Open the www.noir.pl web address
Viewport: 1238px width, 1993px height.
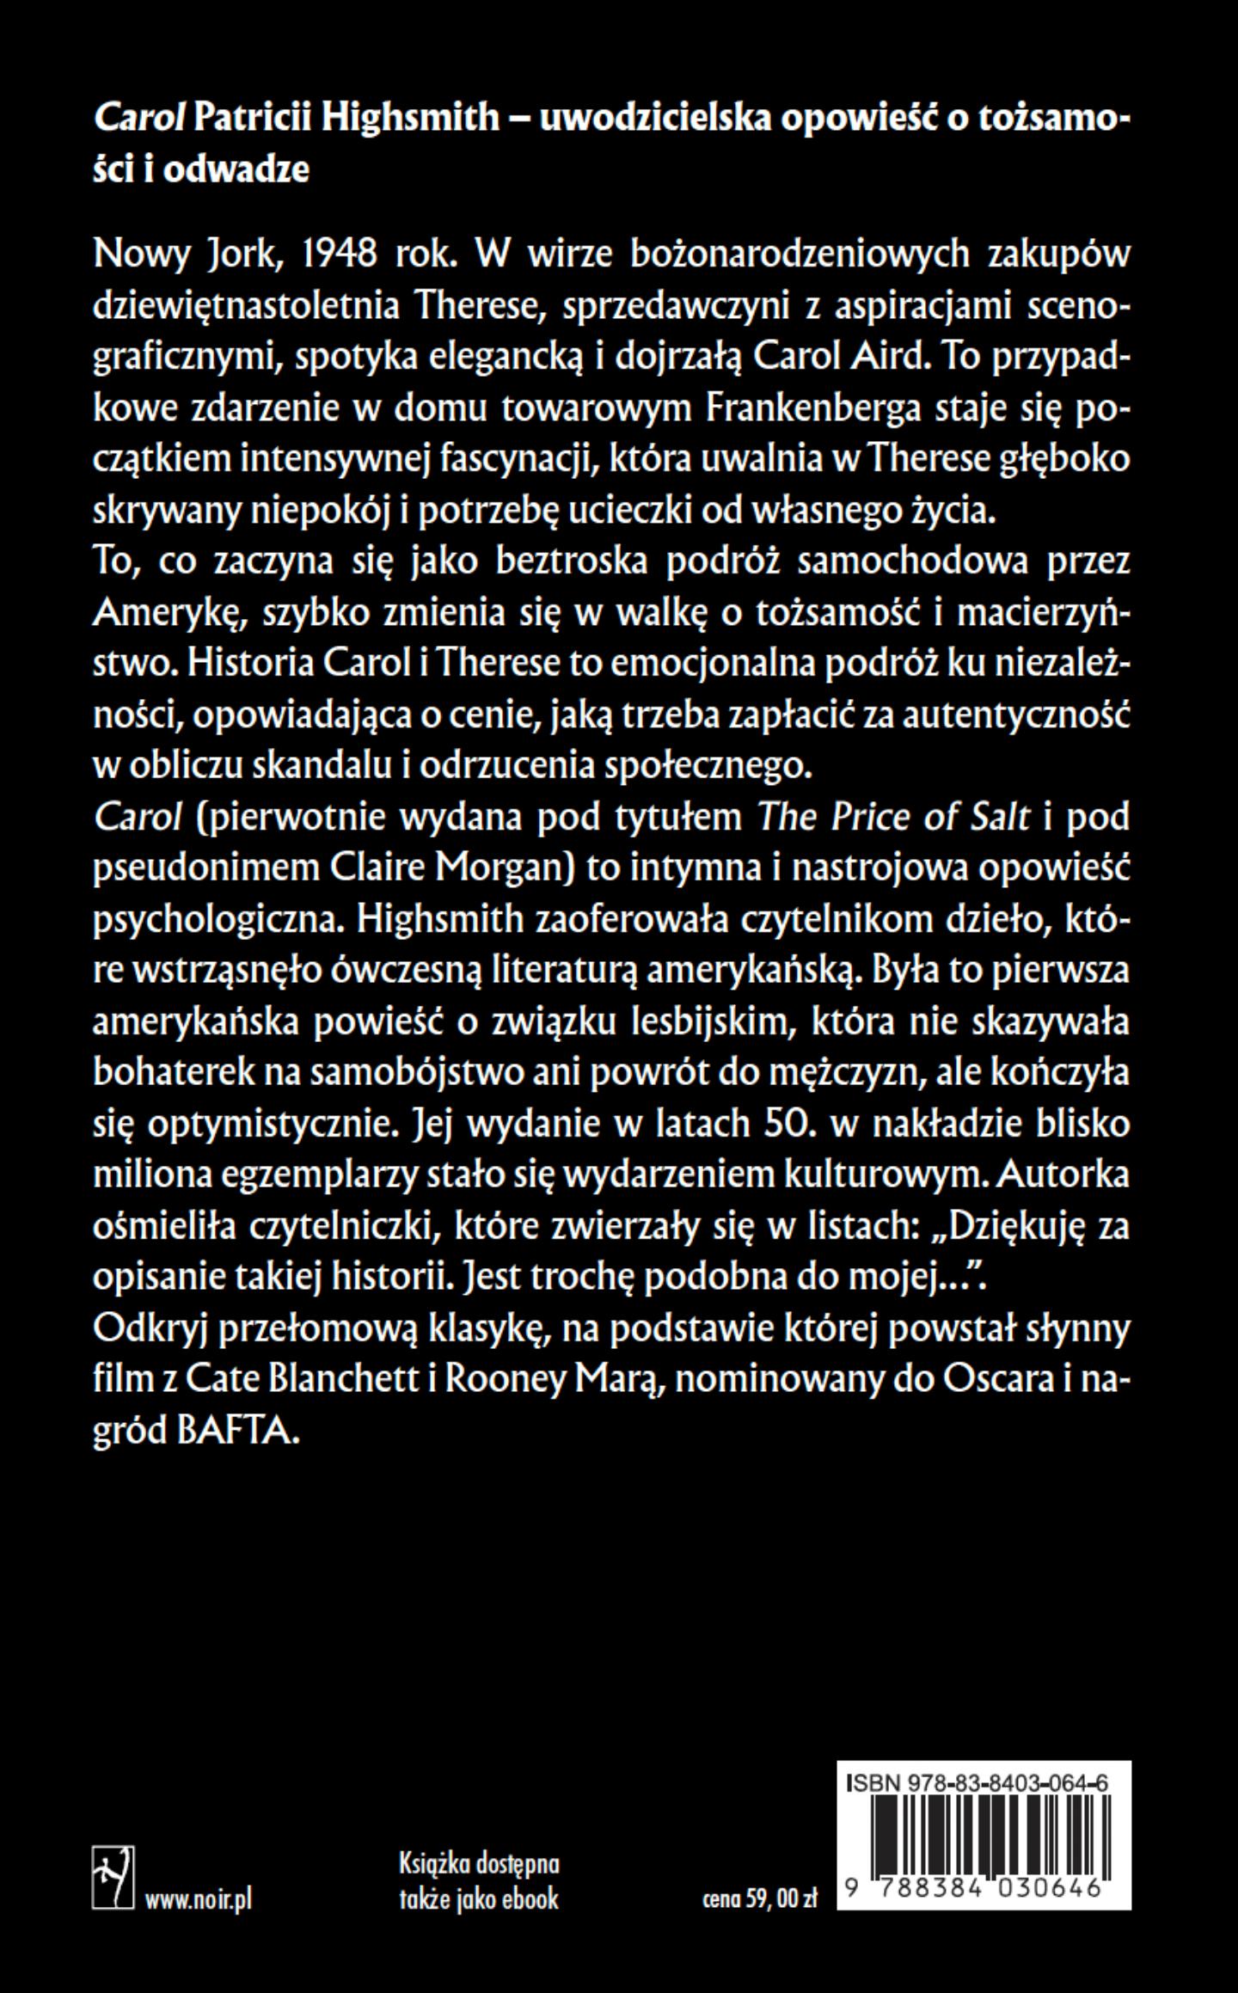point(199,1898)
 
